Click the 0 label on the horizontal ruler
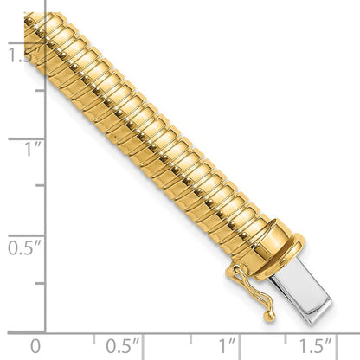coord(35,345)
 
